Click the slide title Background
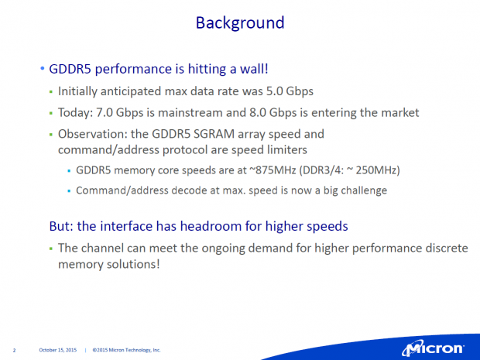coord(239,22)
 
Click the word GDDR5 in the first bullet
coord(71,70)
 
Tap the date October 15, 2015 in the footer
coord(57,350)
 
